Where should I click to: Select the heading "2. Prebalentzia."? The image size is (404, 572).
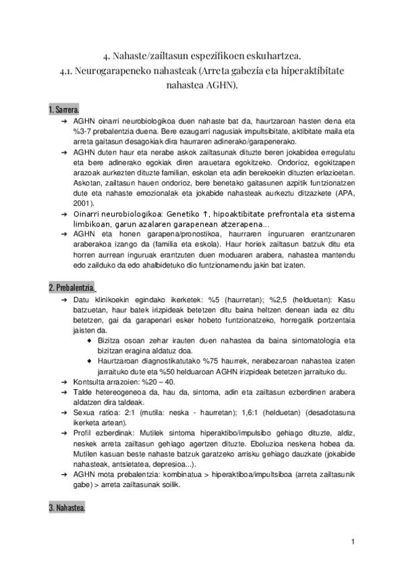(x=71, y=288)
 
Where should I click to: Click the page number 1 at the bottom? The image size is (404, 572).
(x=353, y=542)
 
